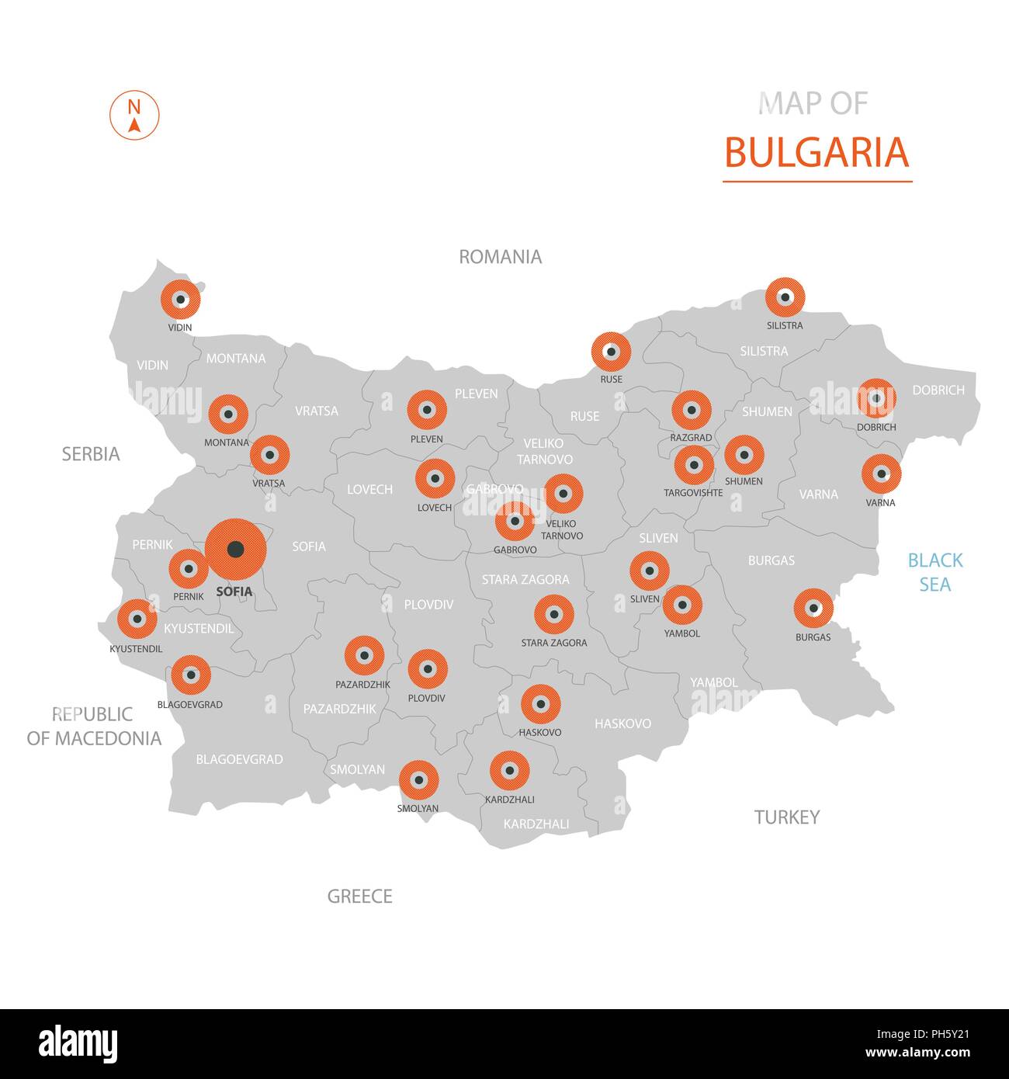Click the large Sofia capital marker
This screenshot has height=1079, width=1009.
[x=235, y=549]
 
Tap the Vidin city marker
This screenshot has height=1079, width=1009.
[x=180, y=299]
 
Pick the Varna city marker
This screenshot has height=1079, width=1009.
[x=881, y=474]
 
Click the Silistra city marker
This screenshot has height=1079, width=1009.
[x=784, y=297]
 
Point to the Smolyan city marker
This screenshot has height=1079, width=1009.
[x=418, y=780]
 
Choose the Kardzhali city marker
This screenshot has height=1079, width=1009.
[x=509, y=770]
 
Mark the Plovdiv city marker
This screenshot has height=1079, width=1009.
[x=427, y=669]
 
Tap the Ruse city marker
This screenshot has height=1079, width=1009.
[x=611, y=352]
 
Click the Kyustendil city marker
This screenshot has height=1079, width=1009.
[x=137, y=619]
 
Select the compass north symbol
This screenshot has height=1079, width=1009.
[x=134, y=116]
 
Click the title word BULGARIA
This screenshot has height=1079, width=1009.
[x=817, y=152]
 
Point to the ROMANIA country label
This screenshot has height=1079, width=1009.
[x=500, y=257]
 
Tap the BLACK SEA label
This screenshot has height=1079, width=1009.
[x=934, y=572]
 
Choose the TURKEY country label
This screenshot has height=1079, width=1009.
[x=786, y=817]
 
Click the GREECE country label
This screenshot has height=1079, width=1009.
[x=359, y=897]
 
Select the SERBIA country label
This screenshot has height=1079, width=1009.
[x=91, y=454]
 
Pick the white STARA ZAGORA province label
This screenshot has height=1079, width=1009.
[x=525, y=579]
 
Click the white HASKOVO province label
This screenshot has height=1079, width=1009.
[x=622, y=723]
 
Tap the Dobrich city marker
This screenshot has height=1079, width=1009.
[x=876, y=398]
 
